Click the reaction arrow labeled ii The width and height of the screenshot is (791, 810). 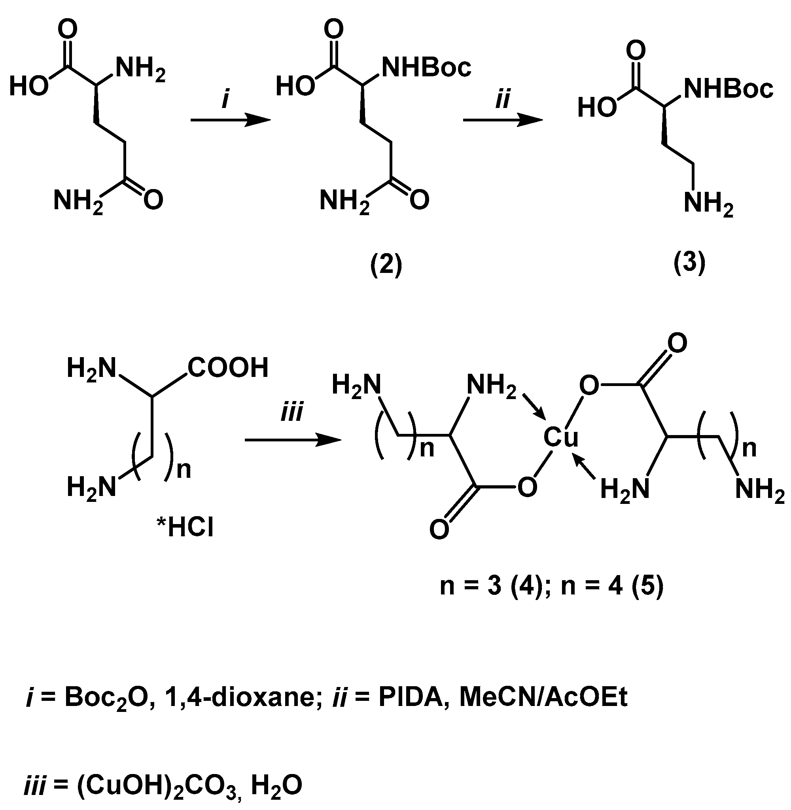502,121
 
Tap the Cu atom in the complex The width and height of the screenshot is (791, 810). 560,437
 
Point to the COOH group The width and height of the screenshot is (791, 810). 228,367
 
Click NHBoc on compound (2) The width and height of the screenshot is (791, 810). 426,67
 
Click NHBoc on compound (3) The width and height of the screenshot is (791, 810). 728,89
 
